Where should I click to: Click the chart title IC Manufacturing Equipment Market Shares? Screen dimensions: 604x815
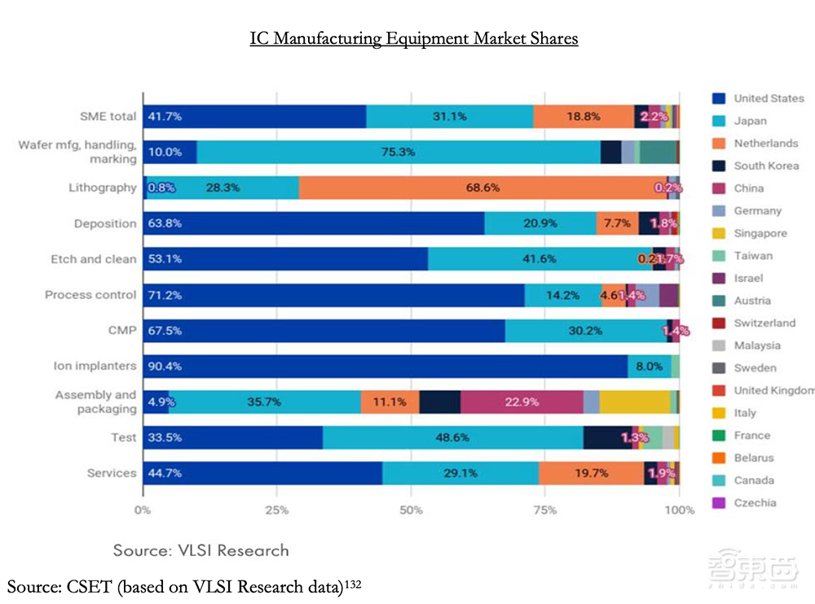414,38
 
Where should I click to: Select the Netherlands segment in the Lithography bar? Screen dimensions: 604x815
482,187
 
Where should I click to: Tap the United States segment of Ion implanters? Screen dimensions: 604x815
385,366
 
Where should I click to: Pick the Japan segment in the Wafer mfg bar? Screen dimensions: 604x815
399,152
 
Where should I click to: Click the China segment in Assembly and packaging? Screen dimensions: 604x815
522,402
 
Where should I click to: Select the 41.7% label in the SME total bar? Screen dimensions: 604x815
165,117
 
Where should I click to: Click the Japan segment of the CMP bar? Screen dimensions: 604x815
585,331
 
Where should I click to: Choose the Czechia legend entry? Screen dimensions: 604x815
754,503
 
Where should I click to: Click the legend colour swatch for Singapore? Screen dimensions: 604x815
718,233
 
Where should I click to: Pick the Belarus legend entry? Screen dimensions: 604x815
754,458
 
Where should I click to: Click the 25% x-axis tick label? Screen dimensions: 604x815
277,510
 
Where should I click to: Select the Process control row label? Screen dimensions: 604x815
90,295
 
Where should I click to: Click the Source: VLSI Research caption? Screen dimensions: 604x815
200,550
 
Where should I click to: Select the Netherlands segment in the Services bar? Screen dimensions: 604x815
591,474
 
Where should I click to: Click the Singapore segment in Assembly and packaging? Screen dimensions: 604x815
634,402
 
